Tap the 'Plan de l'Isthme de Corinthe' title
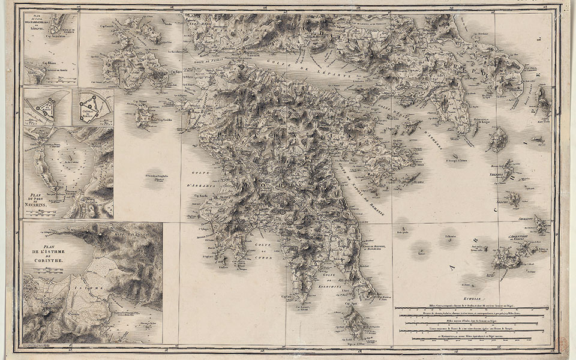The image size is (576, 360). (x=48, y=254)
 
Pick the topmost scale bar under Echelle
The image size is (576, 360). (x=472, y=308)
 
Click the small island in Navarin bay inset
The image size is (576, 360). (x=71, y=160)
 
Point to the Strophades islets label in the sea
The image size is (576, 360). (x=158, y=175)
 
